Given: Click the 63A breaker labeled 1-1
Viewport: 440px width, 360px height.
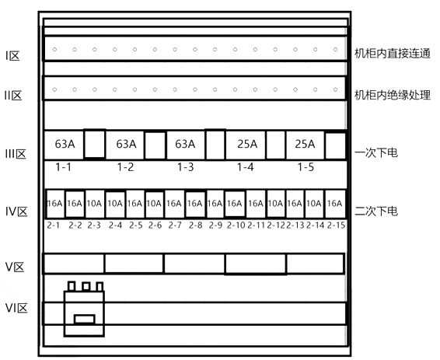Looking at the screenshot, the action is tap(64, 145).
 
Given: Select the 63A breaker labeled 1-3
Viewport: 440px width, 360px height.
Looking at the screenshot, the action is tap(186, 145).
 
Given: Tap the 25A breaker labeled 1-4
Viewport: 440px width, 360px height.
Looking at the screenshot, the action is tap(246, 145).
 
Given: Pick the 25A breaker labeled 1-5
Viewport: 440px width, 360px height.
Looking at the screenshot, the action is tap(305, 145).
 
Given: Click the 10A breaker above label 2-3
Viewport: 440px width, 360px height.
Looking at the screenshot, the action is tap(94, 204).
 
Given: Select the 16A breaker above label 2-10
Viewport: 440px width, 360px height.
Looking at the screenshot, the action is tap(235, 204).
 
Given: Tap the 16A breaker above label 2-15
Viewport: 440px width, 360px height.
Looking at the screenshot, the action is tap(335, 204).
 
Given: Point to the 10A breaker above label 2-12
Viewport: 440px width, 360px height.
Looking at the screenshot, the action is tap(276, 204).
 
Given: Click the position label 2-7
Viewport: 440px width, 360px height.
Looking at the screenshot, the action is tap(175, 225).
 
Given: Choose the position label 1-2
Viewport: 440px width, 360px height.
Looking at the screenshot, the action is tap(125, 167).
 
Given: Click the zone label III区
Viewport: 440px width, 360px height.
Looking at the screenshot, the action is tap(16, 154).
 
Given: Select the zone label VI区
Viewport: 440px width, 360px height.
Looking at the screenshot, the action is tap(16, 308).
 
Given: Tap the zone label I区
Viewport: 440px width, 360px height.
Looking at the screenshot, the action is tap(12, 56).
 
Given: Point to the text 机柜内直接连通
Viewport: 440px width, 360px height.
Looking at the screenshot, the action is tap(393, 54).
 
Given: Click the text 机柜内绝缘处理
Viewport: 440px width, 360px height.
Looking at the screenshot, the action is tap(393, 95).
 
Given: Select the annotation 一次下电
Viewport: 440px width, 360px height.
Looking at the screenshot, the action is tap(376, 153).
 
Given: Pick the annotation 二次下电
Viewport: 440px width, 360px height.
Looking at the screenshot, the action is tap(376, 211).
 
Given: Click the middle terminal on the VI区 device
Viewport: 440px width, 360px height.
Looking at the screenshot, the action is tap(86, 286).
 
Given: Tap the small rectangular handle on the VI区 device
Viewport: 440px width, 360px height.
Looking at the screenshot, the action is tap(85, 320).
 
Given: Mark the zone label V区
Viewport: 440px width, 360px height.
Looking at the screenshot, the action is tap(15, 267).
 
